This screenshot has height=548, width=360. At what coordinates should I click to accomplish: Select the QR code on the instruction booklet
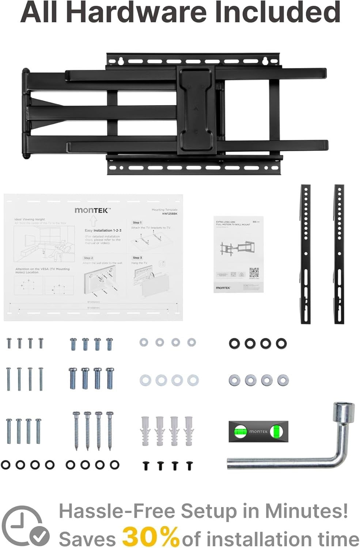tap(254, 273)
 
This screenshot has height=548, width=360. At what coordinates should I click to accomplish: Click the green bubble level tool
tap(258, 431)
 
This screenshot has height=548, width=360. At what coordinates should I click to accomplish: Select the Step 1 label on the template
tap(137, 222)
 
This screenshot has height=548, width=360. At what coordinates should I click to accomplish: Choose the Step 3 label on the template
tap(137, 258)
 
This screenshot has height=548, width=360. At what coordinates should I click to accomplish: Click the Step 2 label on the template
tap(88, 258)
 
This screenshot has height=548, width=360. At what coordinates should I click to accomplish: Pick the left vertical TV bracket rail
tap(306, 254)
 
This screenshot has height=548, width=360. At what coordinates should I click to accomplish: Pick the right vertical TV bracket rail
tap(339, 254)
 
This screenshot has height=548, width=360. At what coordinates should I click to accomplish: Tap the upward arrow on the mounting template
tap(93, 221)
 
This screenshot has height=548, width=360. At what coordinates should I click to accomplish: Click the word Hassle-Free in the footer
tap(117, 511)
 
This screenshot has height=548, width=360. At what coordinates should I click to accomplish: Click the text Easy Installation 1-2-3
tap(103, 231)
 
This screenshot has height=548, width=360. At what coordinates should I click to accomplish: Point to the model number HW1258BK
tap(170, 214)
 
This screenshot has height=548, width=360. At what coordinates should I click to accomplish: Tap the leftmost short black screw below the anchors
tap(146, 465)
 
